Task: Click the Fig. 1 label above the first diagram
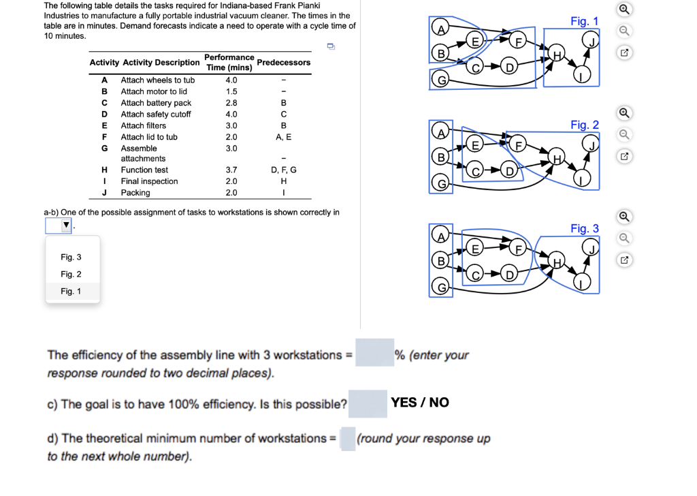584,21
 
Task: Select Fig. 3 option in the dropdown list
71,257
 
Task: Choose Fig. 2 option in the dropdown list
71,274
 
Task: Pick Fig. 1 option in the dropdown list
71,291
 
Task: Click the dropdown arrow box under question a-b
59,225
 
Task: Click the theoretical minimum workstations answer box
347,438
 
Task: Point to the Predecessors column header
284,62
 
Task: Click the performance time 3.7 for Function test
231,170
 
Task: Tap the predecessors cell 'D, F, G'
283,170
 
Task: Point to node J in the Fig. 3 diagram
592,248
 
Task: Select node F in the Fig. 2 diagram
519,145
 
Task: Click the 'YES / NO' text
420,402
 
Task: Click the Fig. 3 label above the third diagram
584,228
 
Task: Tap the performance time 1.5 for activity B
231,91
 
